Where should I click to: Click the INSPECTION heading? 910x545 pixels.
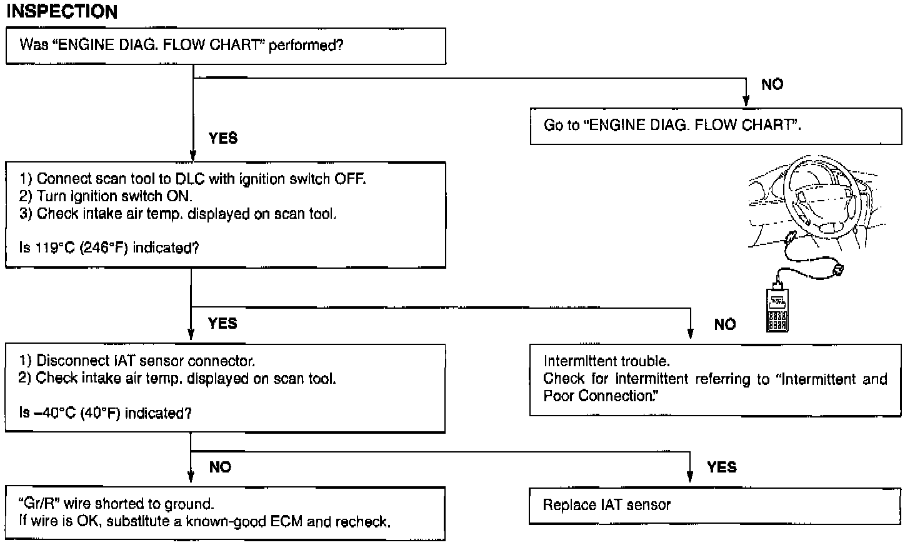(62, 11)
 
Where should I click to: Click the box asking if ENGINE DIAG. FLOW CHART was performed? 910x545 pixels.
(226, 46)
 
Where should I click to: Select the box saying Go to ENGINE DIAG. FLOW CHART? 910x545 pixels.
(716, 126)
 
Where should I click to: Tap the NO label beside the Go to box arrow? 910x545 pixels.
(772, 84)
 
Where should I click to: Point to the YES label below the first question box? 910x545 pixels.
(223, 138)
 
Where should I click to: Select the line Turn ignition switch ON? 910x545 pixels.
(106, 196)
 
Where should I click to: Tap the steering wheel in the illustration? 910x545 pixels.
(823, 197)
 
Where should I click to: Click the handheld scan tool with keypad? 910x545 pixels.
(777, 309)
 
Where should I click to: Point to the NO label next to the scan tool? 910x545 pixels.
(725, 324)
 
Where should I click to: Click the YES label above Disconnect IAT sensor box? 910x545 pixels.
(222, 323)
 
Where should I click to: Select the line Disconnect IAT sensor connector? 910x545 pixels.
(137, 361)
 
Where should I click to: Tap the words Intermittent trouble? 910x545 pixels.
(607, 361)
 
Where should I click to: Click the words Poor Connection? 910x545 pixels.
(601, 396)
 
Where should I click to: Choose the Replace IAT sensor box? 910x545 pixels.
(715, 506)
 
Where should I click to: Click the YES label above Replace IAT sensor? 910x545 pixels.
(722, 467)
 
